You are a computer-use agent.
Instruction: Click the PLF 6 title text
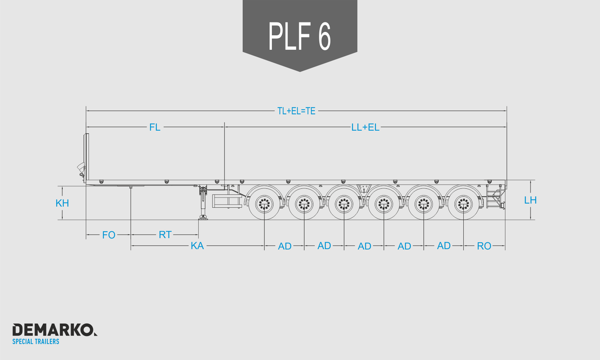[300, 36]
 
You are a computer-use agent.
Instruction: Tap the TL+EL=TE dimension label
[296, 111]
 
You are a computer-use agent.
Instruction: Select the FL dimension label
[155, 127]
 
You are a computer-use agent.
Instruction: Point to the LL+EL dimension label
[365, 127]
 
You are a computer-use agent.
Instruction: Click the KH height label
[62, 203]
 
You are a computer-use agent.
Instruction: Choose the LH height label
[531, 200]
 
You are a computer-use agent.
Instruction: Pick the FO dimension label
[109, 235]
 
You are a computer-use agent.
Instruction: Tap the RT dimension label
[165, 235]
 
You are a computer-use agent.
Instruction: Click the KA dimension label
[197, 246]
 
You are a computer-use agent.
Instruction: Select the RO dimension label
[484, 246]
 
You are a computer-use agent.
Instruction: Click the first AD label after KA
[284, 246]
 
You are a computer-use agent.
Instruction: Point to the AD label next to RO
[444, 246]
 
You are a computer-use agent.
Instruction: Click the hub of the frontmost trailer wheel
[264, 204]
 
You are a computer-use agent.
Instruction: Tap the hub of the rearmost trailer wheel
[463, 204]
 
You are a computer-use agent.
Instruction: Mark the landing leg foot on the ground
[203, 218]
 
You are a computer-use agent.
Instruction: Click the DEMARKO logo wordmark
[55, 330]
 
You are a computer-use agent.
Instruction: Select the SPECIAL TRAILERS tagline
[36, 341]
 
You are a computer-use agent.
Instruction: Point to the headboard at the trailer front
[86, 158]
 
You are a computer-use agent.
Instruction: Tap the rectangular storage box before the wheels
[227, 201]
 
